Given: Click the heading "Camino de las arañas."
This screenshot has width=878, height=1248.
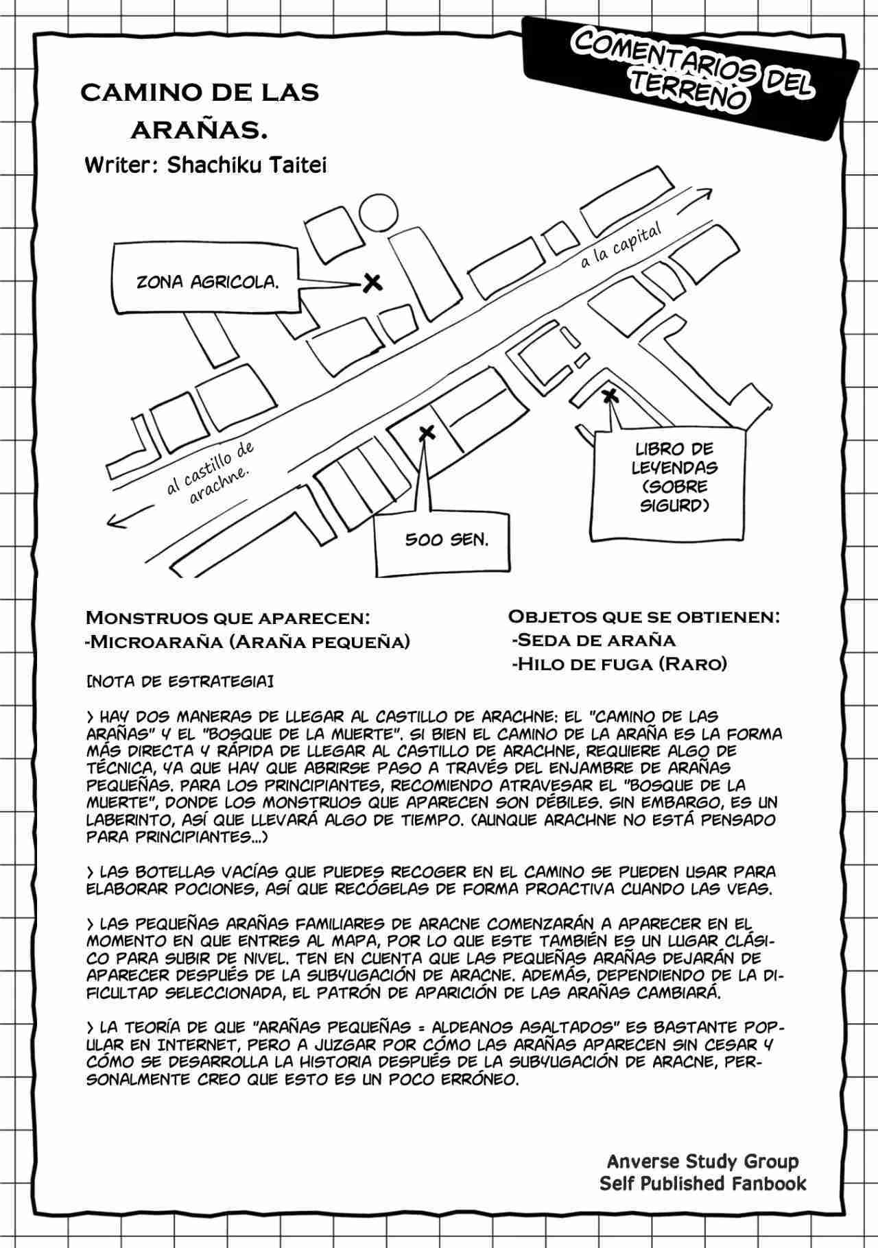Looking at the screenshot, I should click(x=200, y=109).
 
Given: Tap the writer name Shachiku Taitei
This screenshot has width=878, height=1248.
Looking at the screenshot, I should click(x=206, y=166).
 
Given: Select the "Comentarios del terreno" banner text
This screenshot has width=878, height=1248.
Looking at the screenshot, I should click(x=693, y=72).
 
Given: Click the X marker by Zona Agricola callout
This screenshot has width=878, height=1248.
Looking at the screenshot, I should click(x=372, y=282).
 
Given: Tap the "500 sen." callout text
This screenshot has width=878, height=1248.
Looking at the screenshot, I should click(x=447, y=540).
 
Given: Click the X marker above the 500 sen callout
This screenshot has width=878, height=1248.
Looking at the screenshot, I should click(x=426, y=433).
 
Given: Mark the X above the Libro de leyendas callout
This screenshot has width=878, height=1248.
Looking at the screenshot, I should click(x=608, y=395).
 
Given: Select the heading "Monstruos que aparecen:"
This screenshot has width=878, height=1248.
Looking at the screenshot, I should click(x=228, y=617).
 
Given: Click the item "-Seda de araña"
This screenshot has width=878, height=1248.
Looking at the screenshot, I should click(x=593, y=640).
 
